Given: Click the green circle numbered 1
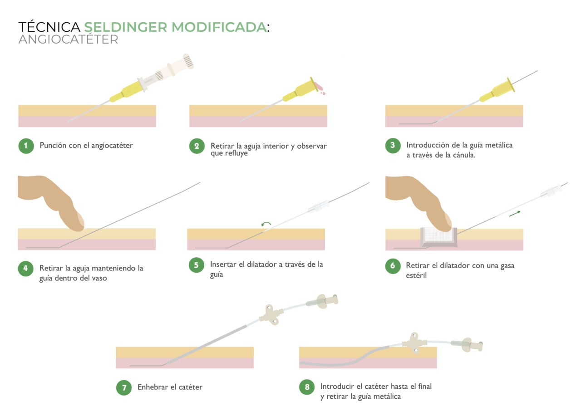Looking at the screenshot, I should point(26,146).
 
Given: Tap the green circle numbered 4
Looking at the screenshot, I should point(26,268).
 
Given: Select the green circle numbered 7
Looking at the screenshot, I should point(124,387).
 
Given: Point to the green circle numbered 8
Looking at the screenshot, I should point(307,387).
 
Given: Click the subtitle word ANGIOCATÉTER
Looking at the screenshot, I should point(68,39).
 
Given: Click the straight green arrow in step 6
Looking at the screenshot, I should point(514,213).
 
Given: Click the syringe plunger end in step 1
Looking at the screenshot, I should point(187,61).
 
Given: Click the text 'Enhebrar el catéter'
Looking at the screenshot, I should point(170,387).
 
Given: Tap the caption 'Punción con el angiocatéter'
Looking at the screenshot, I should point(86,146).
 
